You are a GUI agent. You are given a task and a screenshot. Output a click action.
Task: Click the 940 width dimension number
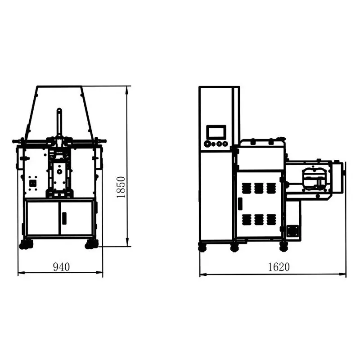click(62, 267)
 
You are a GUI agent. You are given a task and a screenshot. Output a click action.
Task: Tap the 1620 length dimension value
click(279, 267)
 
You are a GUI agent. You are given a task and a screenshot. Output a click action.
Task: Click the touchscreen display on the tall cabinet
click(216, 132)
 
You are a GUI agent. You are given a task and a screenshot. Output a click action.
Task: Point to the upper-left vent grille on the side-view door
click(246, 188)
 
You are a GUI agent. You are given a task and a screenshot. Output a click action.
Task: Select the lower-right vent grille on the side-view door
click(270, 220)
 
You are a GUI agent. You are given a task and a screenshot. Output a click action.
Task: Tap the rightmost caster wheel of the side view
click(283, 247)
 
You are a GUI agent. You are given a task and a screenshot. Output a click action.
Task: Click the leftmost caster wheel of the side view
click(202, 247)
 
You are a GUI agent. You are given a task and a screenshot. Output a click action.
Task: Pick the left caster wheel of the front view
click(26, 244)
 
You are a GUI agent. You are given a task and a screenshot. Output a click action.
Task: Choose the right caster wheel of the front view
click(92, 244)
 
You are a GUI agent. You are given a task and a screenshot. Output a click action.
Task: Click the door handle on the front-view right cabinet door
click(64, 218)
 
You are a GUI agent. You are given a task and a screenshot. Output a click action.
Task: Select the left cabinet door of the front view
click(43, 218)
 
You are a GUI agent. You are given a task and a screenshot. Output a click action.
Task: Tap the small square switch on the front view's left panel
click(32, 184)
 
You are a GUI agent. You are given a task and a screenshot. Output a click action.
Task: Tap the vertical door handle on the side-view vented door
click(240, 203)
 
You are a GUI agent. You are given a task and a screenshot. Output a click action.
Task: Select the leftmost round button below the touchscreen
click(207, 144)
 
